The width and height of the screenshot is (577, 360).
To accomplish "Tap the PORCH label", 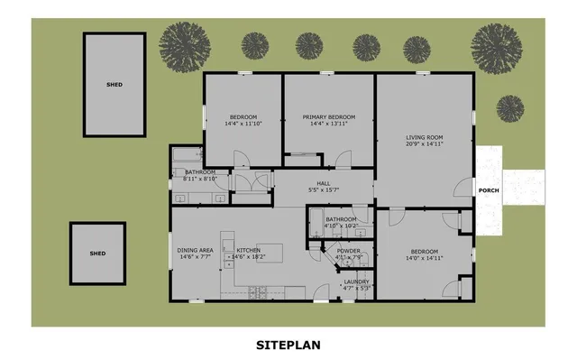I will [489, 190].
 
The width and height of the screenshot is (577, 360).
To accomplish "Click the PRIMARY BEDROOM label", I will [328, 116].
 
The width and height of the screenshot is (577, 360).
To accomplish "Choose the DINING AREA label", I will [195, 250].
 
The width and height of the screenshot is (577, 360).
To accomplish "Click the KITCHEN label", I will [248, 250].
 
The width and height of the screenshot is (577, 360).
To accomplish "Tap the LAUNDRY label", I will [357, 282].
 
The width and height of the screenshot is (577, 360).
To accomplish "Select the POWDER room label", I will [349, 251].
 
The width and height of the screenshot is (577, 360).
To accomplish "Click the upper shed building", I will [114, 85].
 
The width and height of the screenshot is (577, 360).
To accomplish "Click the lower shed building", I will [97, 254].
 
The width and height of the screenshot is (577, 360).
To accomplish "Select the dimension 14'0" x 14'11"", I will [424, 258].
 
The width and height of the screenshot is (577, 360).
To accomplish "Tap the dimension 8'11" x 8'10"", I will [199, 179].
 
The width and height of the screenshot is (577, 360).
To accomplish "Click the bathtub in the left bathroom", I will [189, 153].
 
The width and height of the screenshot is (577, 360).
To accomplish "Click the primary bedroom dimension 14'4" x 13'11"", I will [328, 124].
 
